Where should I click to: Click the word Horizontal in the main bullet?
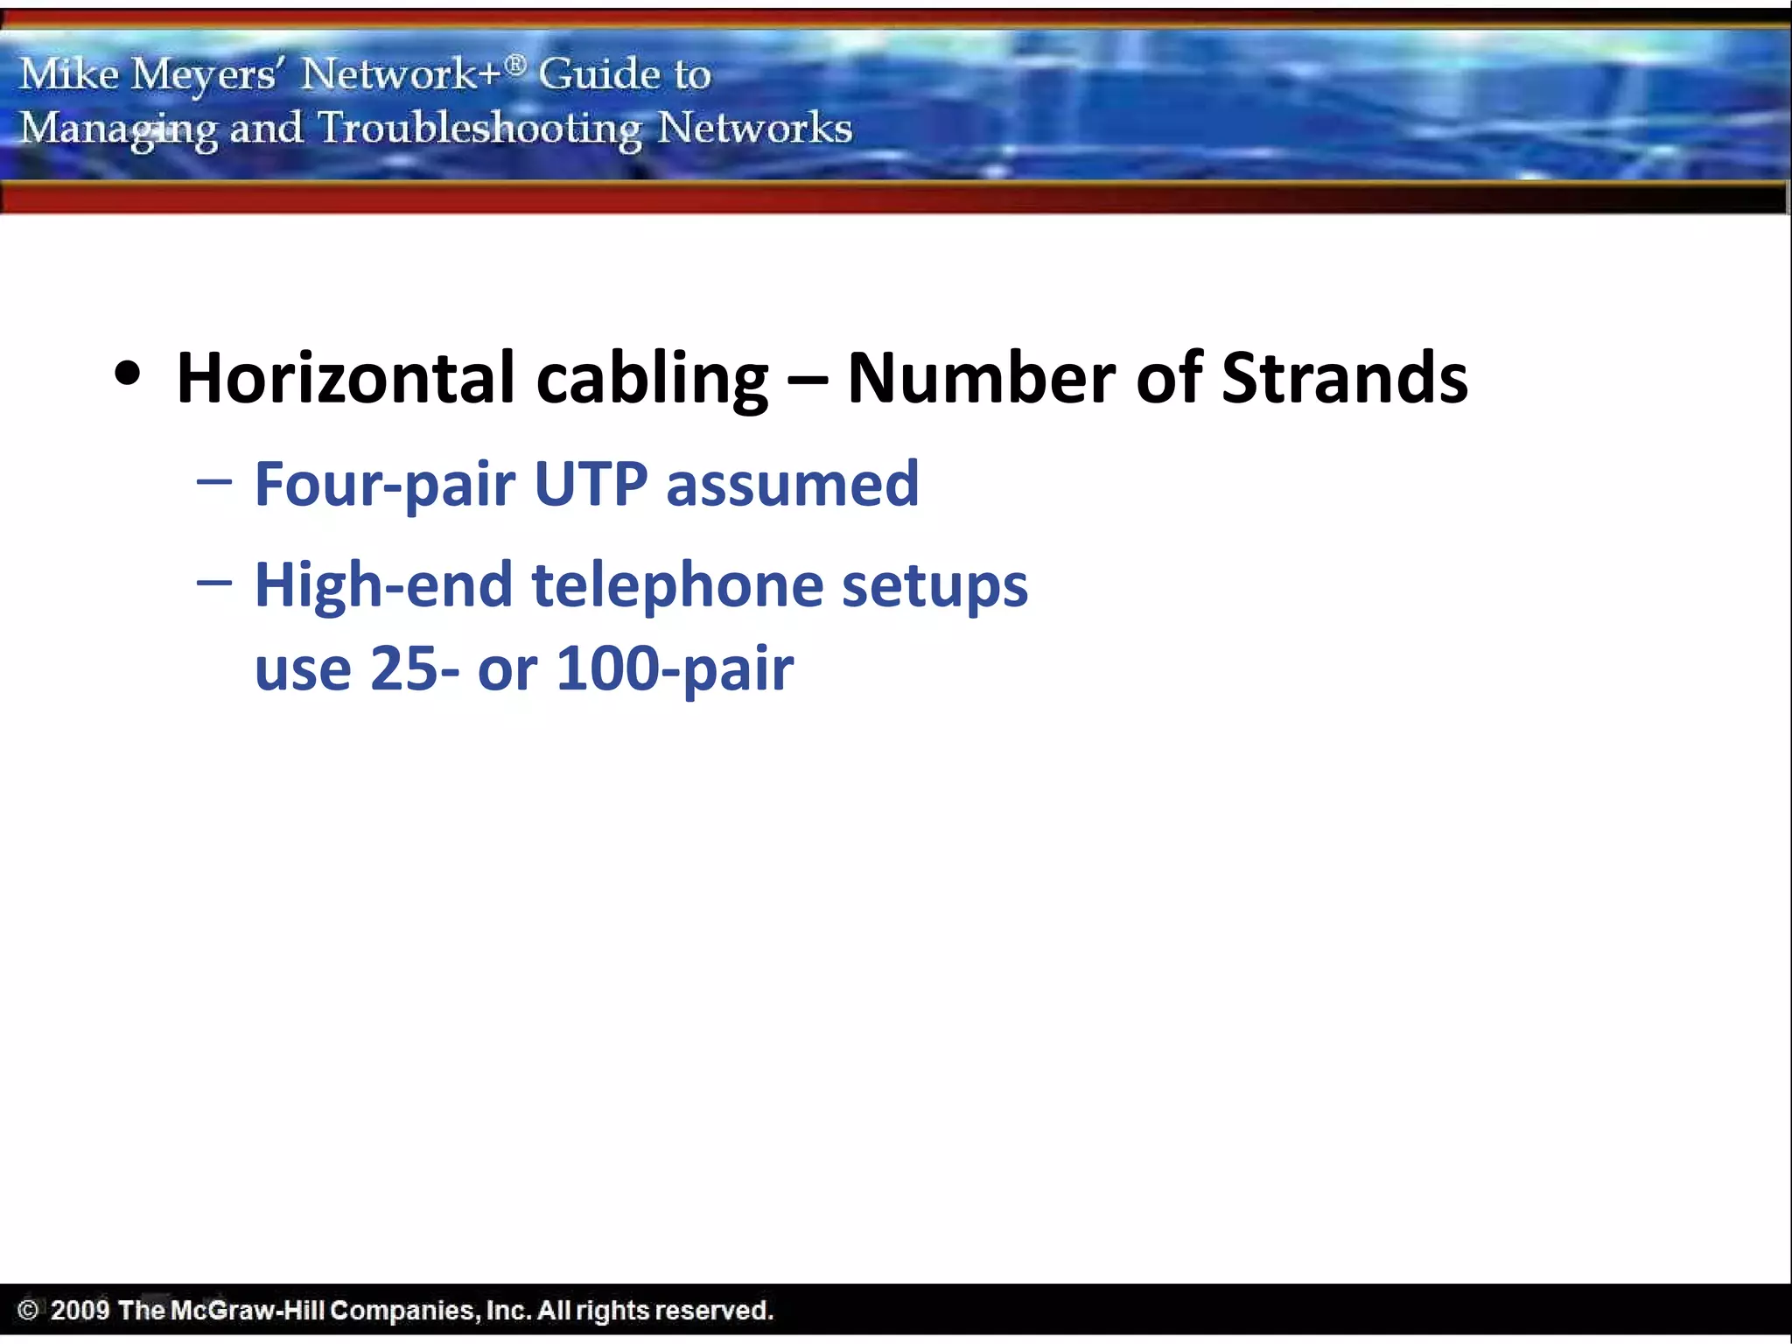click(x=345, y=378)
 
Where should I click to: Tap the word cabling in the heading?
click(x=651, y=378)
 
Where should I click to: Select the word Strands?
click(x=1344, y=378)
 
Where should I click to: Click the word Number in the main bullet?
click(x=981, y=378)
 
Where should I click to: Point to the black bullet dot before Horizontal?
click(x=128, y=374)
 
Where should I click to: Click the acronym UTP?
click(x=591, y=484)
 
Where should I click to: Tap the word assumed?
click(x=792, y=484)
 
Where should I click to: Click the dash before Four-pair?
click(x=214, y=481)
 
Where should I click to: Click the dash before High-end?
click(x=214, y=583)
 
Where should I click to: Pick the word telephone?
click(x=678, y=586)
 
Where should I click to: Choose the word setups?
click(x=934, y=586)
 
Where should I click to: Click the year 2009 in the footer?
click(x=80, y=1311)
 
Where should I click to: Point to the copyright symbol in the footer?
click(x=28, y=1311)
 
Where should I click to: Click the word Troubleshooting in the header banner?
click(x=479, y=129)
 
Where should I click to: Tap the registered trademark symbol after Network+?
click(x=516, y=64)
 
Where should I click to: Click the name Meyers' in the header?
click(x=205, y=74)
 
